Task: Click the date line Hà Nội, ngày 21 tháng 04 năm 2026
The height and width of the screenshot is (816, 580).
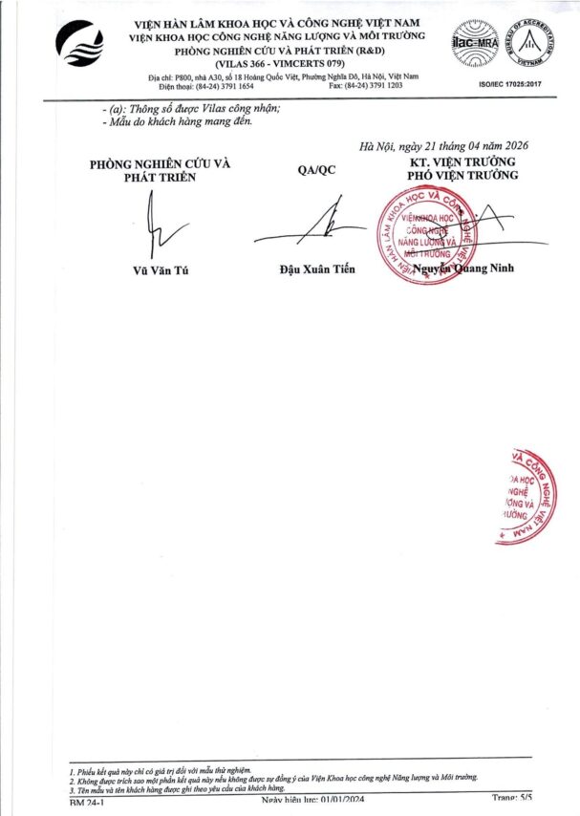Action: click(443, 146)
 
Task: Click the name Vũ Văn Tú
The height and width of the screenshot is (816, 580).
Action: click(161, 269)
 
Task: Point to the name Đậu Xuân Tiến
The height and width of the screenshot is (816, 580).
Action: click(316, 269)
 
